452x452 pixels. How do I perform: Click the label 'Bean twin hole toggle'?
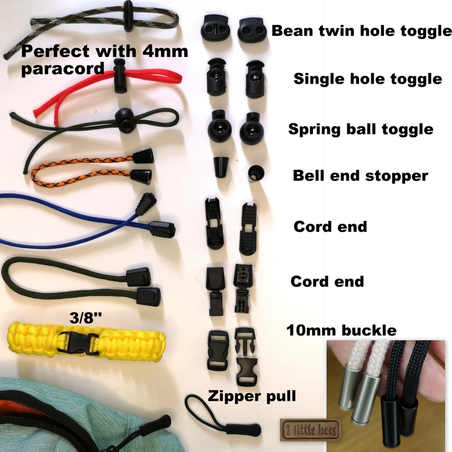(361, 31)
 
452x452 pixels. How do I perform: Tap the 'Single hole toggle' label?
(367, 79)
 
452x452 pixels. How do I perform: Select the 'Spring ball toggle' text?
(360, 129)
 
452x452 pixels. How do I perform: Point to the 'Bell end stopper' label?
(360, 176)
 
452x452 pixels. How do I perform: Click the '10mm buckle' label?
(341, 331)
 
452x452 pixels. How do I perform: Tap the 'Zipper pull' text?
(252, 396)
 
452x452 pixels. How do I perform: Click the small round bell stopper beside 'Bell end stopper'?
(256, 172)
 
